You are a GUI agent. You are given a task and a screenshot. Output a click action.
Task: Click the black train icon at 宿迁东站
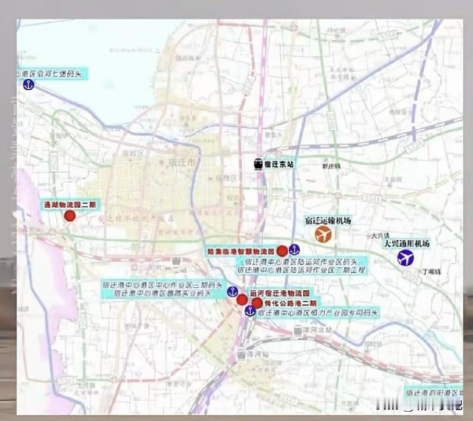coord(258,164)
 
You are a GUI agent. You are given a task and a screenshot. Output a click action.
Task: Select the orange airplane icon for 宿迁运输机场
coord(323,234)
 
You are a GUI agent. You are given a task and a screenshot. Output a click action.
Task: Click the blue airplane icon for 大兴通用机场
coord(405,258)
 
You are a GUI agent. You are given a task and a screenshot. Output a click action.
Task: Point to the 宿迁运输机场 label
coord(328,220)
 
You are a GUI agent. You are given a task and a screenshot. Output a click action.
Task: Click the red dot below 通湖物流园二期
coord(70,216)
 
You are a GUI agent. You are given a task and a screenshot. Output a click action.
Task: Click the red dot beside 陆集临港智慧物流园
coord(282,251)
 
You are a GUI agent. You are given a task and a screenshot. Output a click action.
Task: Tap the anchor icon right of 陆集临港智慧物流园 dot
coord(294,250)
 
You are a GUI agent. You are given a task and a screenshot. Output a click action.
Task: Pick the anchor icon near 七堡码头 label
coord(29,85)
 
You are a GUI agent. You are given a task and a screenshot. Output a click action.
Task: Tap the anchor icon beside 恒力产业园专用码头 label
coord(250,311)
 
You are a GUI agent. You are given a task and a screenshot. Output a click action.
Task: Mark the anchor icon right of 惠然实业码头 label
coord(232,291)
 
